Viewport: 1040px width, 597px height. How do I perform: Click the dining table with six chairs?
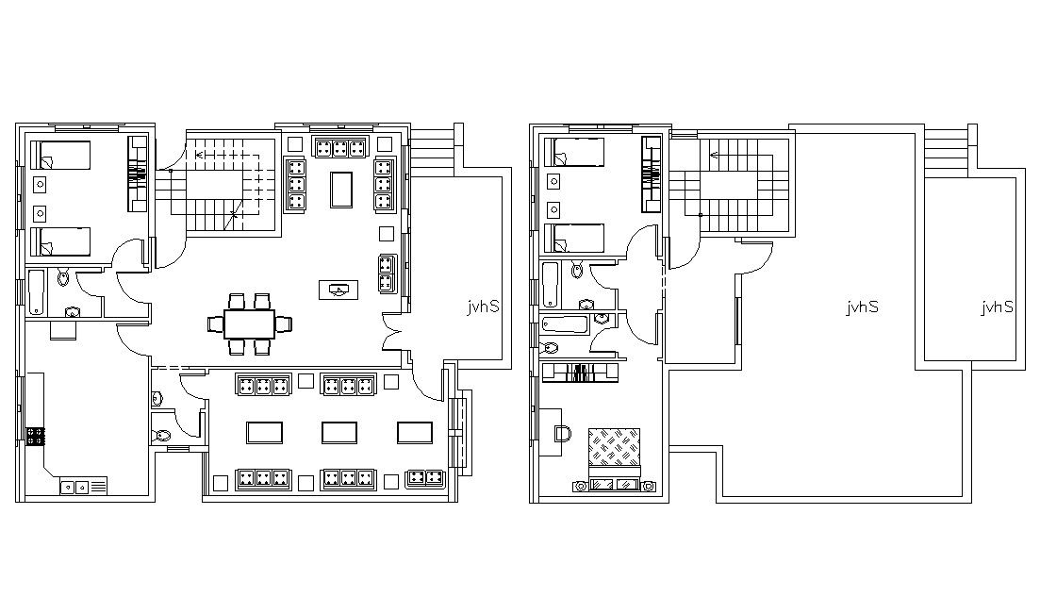coord(249,323)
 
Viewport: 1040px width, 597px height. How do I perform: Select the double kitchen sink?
coord(74,487)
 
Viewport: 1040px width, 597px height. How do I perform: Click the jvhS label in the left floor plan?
coord(483,307)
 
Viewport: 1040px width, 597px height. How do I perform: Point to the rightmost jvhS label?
coord(998,307)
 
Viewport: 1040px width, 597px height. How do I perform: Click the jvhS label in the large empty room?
coord(862,307)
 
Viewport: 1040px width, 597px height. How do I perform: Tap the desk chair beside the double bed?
coord(563,433)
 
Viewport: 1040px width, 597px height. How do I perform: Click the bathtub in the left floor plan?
coord(36,291)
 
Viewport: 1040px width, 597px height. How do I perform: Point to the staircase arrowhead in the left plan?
coord(198,156)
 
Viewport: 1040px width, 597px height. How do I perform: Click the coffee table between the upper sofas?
coord(341,190)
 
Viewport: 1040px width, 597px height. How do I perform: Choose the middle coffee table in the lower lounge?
coord(339,433)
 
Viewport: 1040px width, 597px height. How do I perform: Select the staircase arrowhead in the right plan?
coord(714,156)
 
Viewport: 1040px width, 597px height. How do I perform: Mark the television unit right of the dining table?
coord(338,290)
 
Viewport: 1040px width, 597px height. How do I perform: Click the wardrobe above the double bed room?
coord(581,373)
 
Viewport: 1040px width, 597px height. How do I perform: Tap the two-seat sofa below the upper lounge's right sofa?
coord(388,274)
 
